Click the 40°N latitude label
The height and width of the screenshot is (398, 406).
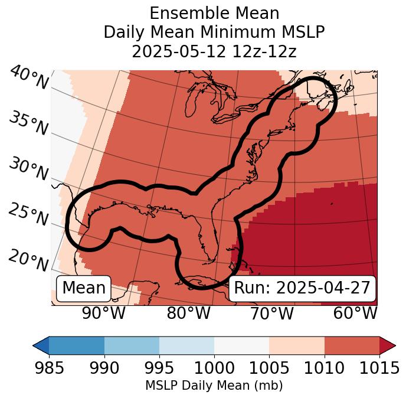(28, 79)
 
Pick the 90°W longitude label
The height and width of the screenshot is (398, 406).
(103, 314)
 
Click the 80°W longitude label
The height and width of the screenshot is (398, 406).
(188, 314)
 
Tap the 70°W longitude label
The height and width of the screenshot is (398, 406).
(271, 314)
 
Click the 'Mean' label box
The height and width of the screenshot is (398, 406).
(84, 288)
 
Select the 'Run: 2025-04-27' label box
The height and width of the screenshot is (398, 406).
(302, 288)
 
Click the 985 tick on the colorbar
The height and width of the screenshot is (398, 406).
(49, 368)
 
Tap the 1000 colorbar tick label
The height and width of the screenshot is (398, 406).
(214, 368)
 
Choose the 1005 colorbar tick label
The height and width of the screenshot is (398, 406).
(269, 368)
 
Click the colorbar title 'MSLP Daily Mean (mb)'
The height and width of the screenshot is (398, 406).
(214, 386)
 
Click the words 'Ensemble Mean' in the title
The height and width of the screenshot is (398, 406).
(214, 13)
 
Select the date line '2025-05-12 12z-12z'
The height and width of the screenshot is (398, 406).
(214, 51)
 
